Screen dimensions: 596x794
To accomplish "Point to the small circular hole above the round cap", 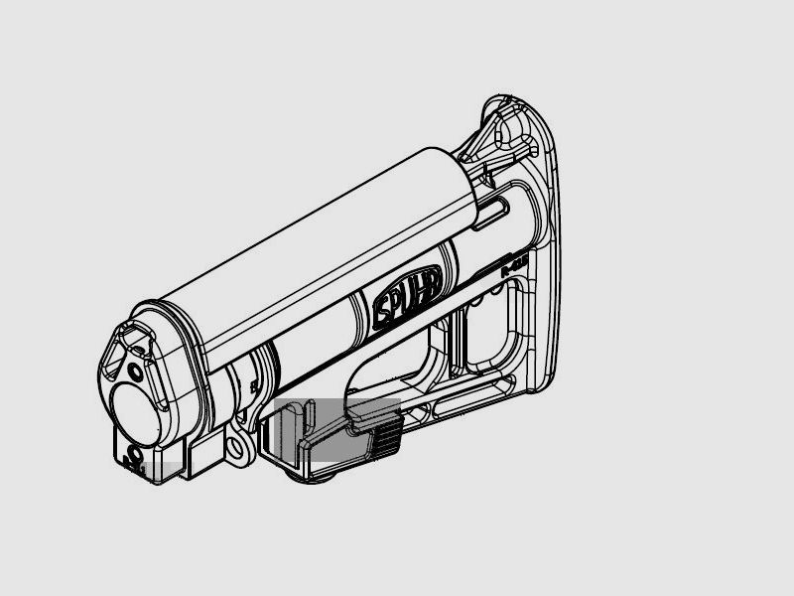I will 135,372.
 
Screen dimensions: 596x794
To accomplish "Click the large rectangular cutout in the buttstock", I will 486,328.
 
